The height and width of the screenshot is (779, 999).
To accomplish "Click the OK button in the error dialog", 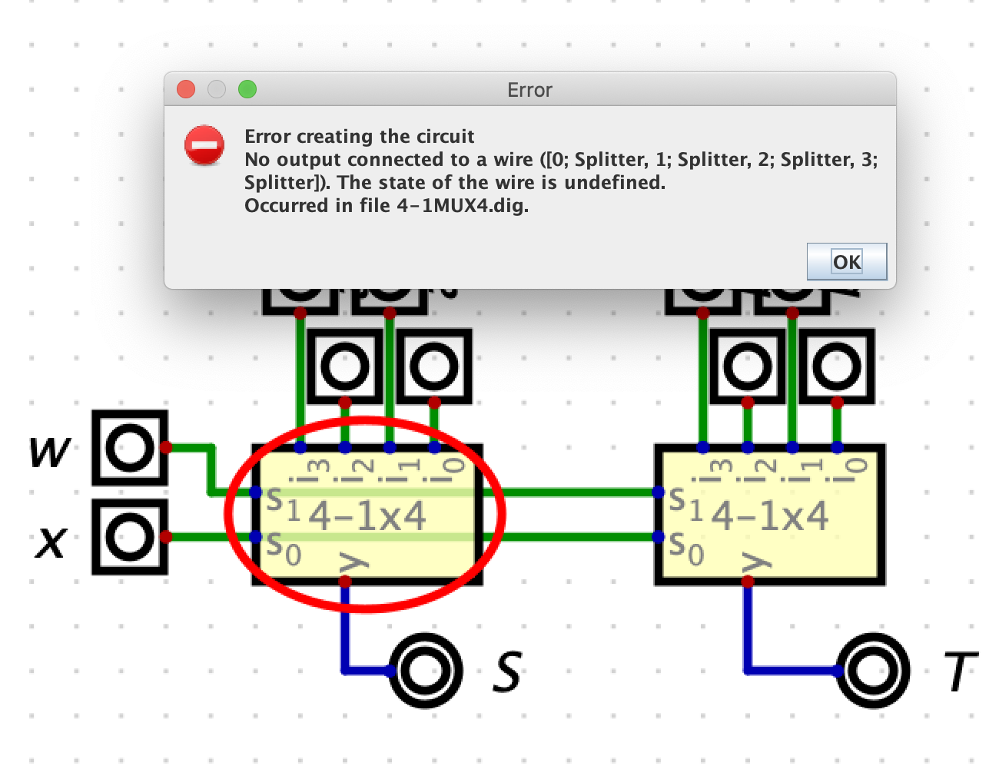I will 847,262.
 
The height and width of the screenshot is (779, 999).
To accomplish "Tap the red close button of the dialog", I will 186,90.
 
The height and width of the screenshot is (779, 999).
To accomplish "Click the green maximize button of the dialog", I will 247,90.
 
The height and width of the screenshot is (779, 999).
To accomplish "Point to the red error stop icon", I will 204,145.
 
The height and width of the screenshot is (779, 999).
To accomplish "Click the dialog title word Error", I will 529,90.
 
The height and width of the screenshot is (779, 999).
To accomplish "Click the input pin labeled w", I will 129,447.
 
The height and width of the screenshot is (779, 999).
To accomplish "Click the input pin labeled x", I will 129,537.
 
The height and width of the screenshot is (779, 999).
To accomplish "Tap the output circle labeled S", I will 422,671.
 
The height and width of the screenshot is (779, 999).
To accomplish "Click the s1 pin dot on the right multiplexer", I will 658,492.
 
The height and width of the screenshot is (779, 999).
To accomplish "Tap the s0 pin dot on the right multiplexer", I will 658,537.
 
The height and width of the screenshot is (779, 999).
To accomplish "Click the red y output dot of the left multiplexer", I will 345,582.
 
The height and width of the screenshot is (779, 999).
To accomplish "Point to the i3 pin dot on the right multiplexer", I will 703,447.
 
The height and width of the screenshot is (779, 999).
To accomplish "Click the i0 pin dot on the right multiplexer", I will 837,447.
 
